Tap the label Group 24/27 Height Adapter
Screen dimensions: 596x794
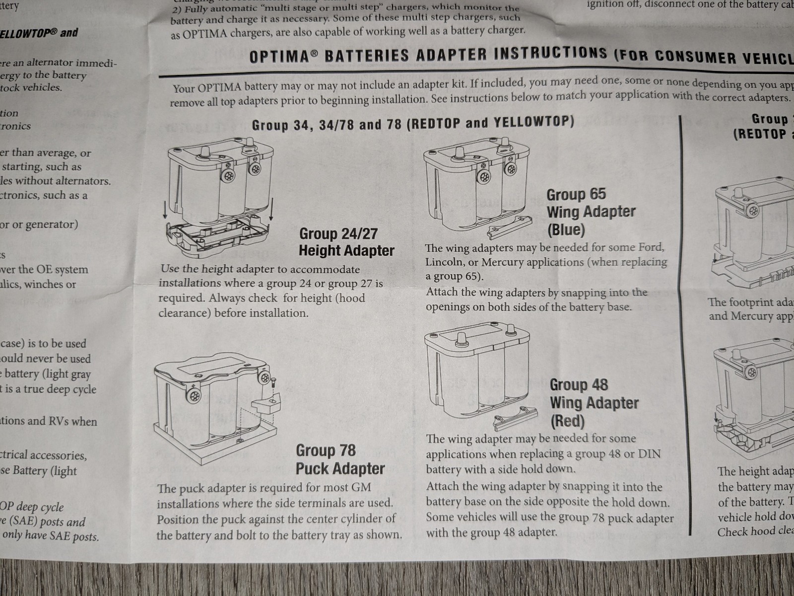tap(346, 242)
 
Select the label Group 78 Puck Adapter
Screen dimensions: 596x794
tap(340, 459)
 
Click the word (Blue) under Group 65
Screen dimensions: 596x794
tap(566, 229)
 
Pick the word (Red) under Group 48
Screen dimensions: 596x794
tap(567, 421)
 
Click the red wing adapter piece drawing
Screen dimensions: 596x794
tap(516, 415)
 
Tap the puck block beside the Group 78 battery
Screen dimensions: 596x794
tap(266, 401)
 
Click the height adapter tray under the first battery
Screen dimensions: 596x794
tap(217, 236)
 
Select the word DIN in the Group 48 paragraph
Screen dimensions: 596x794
tap(649, 453)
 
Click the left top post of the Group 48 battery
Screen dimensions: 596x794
tap(461, 338)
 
